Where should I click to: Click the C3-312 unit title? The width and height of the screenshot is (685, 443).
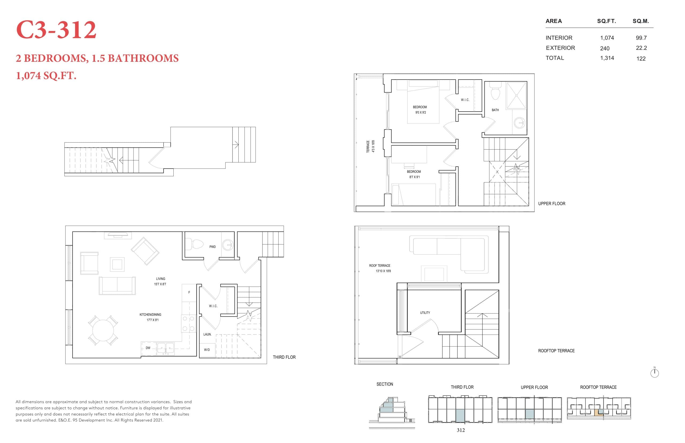(x=56, y=30)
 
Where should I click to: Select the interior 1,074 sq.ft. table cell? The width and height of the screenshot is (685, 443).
(x=607, y=38)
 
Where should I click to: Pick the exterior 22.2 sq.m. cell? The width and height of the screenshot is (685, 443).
(x=641, y=48)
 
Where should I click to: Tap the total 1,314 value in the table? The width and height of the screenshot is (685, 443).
(x=607, y=58)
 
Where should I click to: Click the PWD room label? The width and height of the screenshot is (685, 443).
(x=212, y=247)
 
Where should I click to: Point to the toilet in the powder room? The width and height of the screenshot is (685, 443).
(x=196, y=244)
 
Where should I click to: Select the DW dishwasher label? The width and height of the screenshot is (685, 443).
(x=148, y=348)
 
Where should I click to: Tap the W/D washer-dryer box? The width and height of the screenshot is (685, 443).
(x=207, y=350)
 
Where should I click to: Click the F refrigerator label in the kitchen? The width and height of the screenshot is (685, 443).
(x=189, y=292)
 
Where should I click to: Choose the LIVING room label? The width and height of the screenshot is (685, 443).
(x=161, y=279)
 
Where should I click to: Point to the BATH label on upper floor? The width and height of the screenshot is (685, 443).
(x=495, y=110)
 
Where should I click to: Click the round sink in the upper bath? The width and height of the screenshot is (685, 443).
(x=520, y=123)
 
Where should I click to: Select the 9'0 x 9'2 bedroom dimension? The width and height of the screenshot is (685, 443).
(x=420, y=112)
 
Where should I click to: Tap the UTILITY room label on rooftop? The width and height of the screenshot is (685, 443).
(x=425, y=313)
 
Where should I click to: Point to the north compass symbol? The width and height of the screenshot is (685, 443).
(x=654, y=373)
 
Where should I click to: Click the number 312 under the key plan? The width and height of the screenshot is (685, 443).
(x=461, y=430)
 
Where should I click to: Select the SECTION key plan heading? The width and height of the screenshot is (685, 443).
(x=385, y=384)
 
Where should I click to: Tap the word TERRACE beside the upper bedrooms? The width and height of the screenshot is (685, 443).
(x=368, y=146)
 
